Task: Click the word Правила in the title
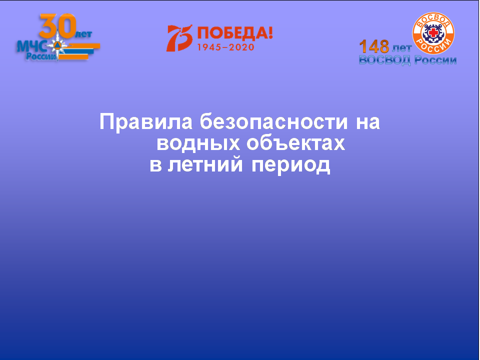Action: (146, 122)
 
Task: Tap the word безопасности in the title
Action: (274, 121)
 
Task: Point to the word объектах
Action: (295, 142)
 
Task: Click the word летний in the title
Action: (205, 164)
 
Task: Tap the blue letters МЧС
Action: (31, 46)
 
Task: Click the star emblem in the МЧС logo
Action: (57, 46)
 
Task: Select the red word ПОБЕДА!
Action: (235, 33)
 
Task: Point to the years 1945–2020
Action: (225, 47)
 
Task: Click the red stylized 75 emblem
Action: (179, 38)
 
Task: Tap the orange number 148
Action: (374, 46)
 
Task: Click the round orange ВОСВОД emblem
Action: (433, 33)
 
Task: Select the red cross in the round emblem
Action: (433, 32)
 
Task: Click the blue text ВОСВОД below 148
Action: (384, 60)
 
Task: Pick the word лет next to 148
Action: (401, 48)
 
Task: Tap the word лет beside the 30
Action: (83, 34)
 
